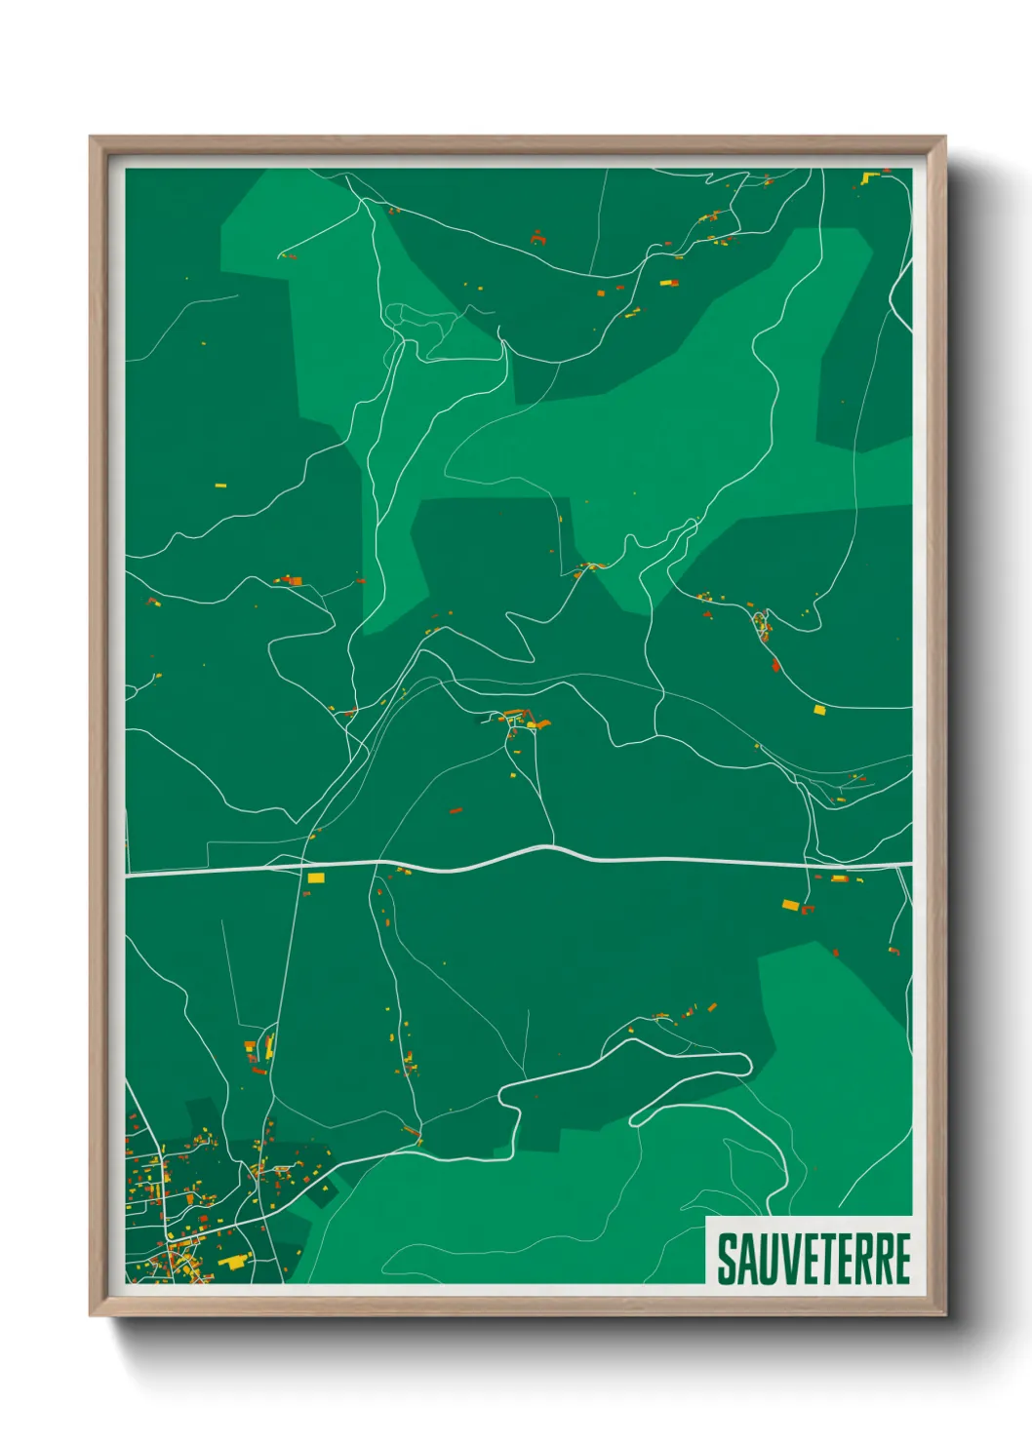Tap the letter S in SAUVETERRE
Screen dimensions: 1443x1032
727,1259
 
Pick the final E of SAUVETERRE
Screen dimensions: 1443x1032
901,1259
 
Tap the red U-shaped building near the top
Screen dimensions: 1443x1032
537,237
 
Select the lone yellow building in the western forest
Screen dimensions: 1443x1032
219,484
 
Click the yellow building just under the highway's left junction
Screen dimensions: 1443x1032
315,878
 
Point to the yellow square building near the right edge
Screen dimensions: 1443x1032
819,710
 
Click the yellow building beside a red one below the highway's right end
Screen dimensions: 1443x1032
791,906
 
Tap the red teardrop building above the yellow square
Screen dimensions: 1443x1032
775,665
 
